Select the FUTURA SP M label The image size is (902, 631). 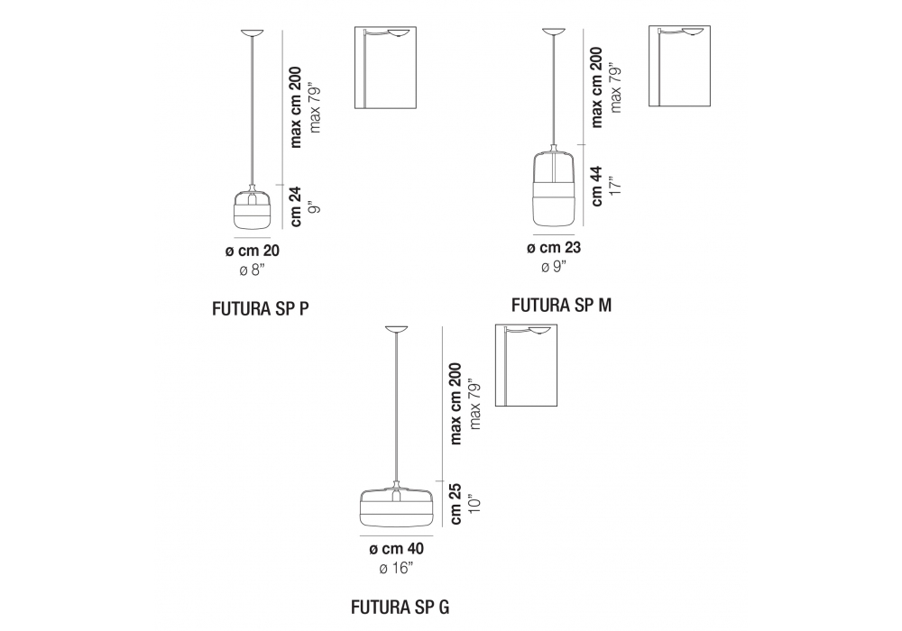pos(561,305)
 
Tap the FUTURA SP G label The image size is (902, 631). pos(400,606)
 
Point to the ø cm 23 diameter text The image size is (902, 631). pos(554,248)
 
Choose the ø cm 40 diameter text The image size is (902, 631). pos(396,548)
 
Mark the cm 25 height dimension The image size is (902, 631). pos(456,504)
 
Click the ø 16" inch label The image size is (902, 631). pos(396,568)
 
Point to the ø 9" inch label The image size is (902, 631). pos(553,267)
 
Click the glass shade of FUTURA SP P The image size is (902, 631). pos(252,208)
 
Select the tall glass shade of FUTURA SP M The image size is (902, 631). pos(554,189)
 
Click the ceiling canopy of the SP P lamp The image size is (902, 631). pos(252,34)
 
